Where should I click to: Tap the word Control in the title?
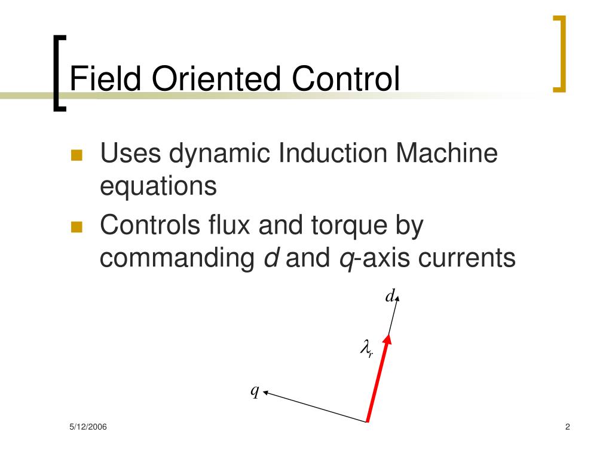pos(346,79)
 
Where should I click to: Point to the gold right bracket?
pos(559,54)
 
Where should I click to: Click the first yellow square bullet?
pos(76,155)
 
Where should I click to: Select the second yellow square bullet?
pos(76,227)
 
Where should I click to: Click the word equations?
pos(157,186)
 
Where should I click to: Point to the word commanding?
pos(177,258)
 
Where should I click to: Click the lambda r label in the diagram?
pos(366,347)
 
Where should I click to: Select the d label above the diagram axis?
pos(390,296)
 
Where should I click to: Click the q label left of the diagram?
pos(255,391)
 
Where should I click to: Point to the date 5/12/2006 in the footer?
pos(87,427)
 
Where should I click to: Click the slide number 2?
pos(567,427)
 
